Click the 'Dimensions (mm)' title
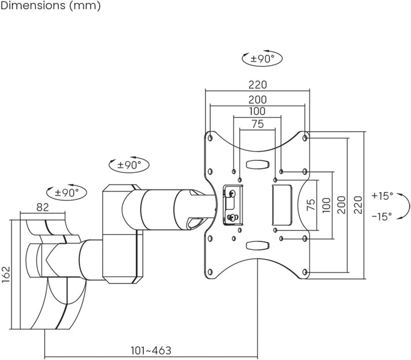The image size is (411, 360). [51, 6]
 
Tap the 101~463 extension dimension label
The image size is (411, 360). [151, 350]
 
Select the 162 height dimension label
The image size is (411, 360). [6, 274]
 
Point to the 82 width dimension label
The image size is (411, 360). [42, 207]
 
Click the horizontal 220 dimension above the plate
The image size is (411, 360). [257, 84]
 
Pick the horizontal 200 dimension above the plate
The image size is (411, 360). [257, 100]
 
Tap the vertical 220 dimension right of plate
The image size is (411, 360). [358, 205]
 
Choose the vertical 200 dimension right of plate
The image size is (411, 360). [341, 205]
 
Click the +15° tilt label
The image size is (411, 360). [382, 196]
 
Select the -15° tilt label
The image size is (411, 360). [382, 216]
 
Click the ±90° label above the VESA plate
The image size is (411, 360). [262, 58]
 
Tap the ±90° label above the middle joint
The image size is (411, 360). [129, 165]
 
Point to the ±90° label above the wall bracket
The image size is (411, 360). [67, 193]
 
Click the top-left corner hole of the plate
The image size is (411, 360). [210, 137]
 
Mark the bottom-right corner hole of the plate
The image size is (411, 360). [305, 272]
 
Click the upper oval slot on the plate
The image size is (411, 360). [257, 164]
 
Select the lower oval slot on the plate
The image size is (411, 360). [257, 245]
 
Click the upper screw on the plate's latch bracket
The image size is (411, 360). [232, 193]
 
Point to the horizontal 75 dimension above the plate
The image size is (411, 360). [257, 124]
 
